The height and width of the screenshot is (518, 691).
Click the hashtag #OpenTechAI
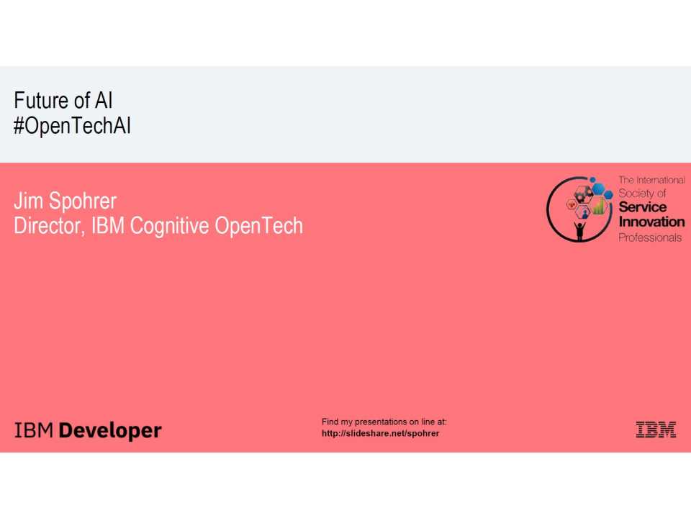point(72,127)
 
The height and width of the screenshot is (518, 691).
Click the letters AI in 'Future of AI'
point(103,101)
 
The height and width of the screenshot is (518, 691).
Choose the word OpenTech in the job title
point(259,227)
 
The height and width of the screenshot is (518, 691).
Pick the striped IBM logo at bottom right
point(656,430)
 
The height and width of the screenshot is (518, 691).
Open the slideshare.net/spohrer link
point(380,433)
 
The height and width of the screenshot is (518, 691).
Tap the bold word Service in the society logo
point(643,208)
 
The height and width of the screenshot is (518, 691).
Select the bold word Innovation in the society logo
point(651,222)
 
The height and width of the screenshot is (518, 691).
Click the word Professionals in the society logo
point(650,237)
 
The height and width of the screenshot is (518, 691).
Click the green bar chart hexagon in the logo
point(598,209)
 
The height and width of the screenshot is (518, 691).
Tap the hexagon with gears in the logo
point(584,193)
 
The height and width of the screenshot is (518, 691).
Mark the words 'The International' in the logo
point(651,180)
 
